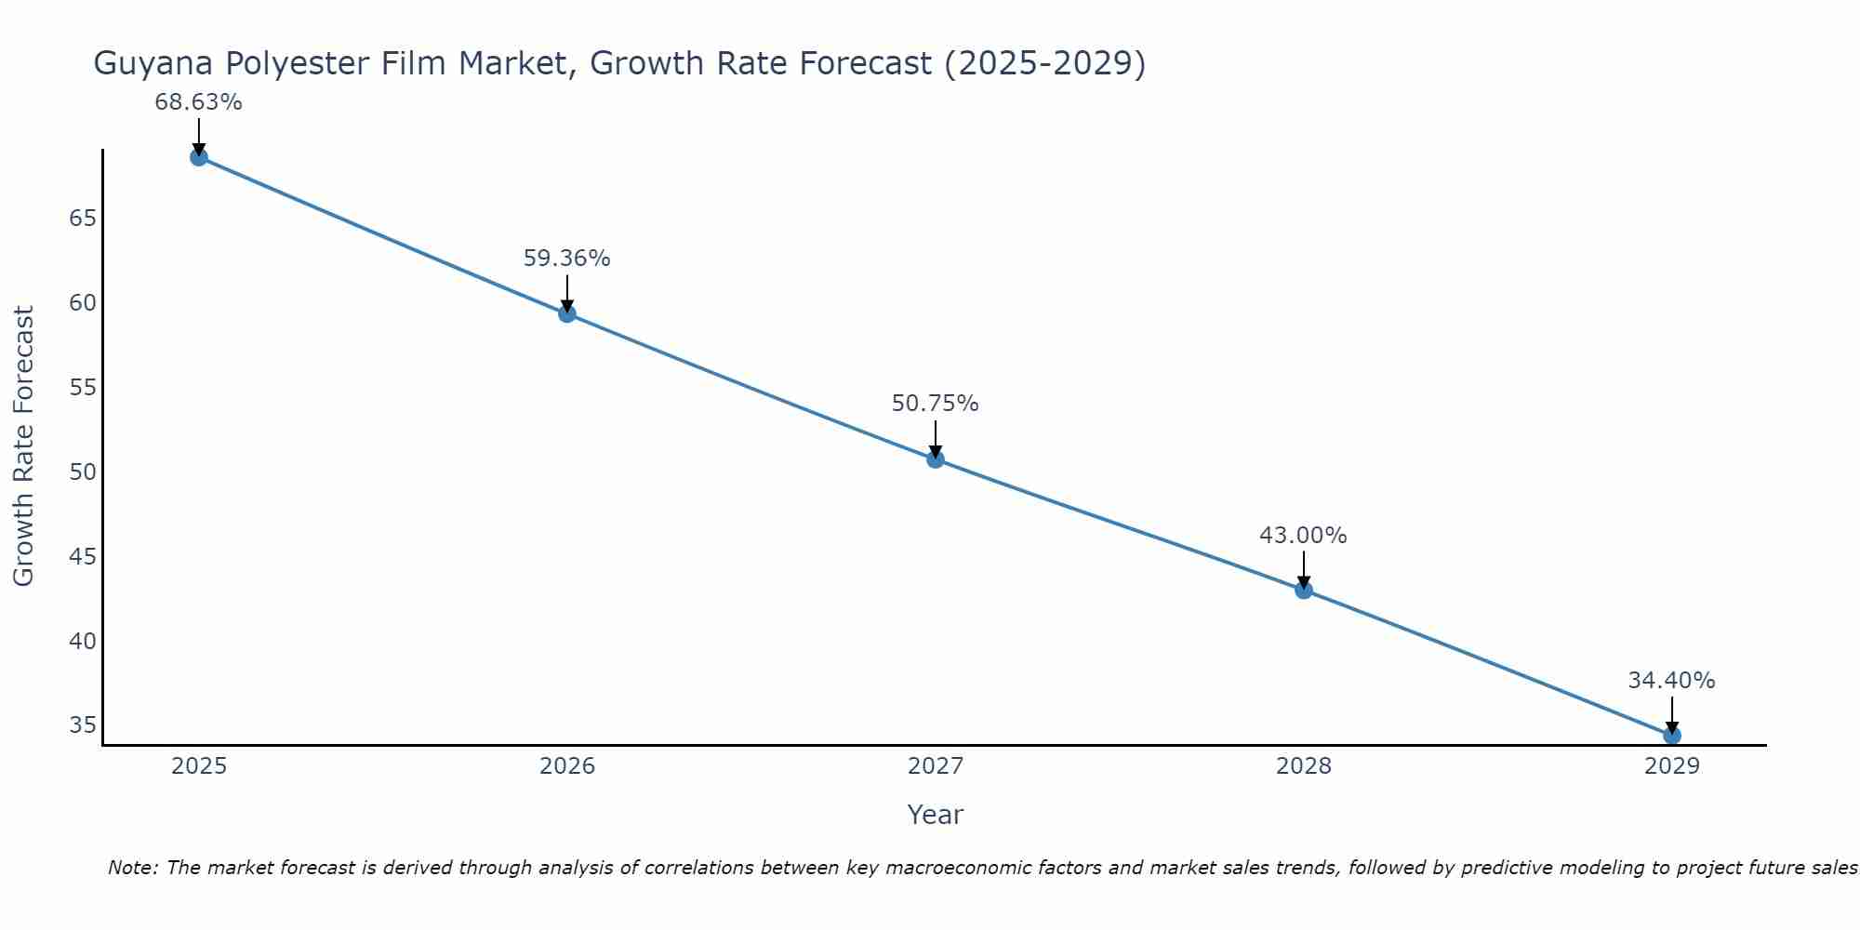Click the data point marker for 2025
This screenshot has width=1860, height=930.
pos(198,157)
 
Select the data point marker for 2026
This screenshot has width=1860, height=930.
pos(566,313)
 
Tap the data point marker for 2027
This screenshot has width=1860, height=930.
pos(935,458)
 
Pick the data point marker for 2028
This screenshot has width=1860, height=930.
pos(1303,590)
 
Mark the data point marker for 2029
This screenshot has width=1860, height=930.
pos(1671,735)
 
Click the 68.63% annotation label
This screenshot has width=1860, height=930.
pos(198,102)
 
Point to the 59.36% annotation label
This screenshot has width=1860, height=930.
pos(566,259)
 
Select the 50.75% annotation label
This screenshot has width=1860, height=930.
pos(935,404)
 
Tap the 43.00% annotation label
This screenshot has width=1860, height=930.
pos(1303,536)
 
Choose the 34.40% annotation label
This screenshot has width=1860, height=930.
pos(1671,681)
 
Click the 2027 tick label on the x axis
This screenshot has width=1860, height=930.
pos(935,766)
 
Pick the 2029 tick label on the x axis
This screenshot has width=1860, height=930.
pos(1671,766)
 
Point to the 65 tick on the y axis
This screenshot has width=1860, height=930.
pos(83,219)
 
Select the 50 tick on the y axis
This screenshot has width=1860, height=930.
pos(83,472)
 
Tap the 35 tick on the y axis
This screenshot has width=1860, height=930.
pos(83,725)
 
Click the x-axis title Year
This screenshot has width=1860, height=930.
pos(935,815)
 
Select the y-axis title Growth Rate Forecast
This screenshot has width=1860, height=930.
pos(23,446)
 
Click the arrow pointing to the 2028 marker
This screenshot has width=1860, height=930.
pos(1303,569)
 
